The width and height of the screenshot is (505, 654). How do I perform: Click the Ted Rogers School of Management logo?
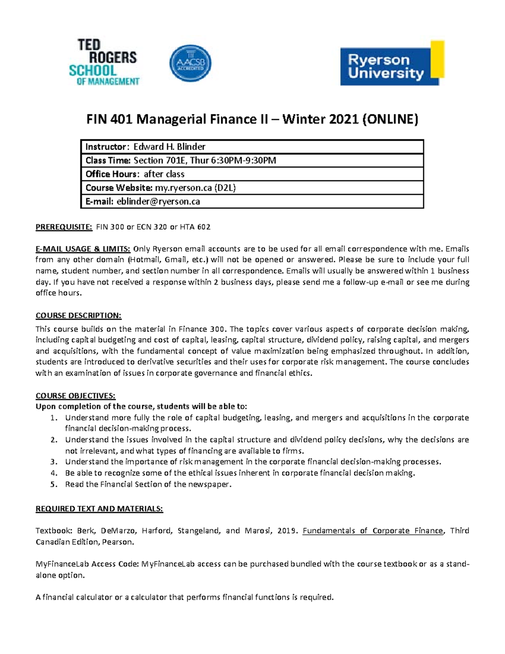click(x=104, y=62)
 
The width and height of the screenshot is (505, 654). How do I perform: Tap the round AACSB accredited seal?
click(x=190, y=64)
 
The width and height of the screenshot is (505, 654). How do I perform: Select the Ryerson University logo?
click(x=392, y=64)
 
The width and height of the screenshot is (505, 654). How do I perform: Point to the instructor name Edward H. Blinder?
click(x=169, y=147)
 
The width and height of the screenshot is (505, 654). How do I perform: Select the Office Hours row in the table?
click(x=135, y=174)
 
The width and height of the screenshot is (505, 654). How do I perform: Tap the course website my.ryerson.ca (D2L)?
click(x=195, y=188)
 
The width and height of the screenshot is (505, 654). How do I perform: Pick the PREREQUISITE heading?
click(x=64, y=227)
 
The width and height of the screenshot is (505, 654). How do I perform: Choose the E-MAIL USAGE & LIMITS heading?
click(x=83, y=248)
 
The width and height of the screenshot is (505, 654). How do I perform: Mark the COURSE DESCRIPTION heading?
click(x=78, y=315)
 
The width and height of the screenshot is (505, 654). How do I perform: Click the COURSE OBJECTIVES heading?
click(x=75, y=395)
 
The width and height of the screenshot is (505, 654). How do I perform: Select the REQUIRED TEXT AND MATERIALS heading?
click(x=99, y=509)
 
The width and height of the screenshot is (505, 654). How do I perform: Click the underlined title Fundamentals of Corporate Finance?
click(x=373, y=531)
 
